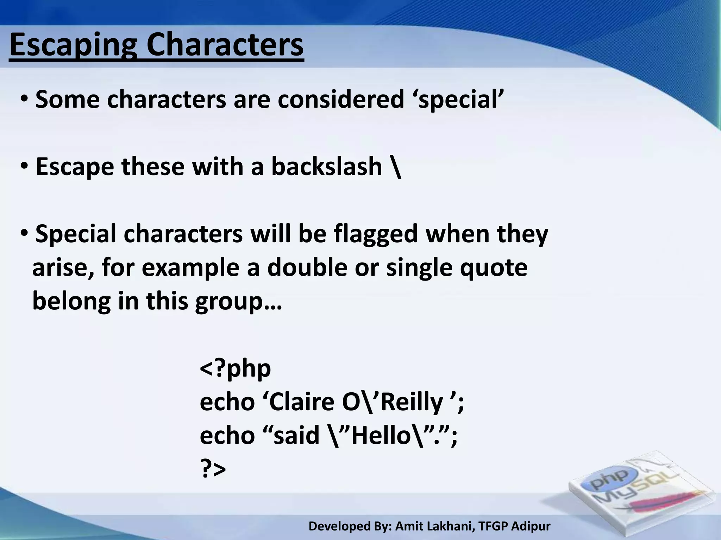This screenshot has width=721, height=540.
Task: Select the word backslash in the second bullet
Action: pyautogui.click(x=326, y=167)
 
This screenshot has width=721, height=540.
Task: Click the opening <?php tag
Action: pyautogui.click(x=235, y=368)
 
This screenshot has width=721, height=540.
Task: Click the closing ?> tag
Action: pyautogui.click(x=213, y=469)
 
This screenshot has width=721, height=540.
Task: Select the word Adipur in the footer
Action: pyautogui.click(x=531, y=526)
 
